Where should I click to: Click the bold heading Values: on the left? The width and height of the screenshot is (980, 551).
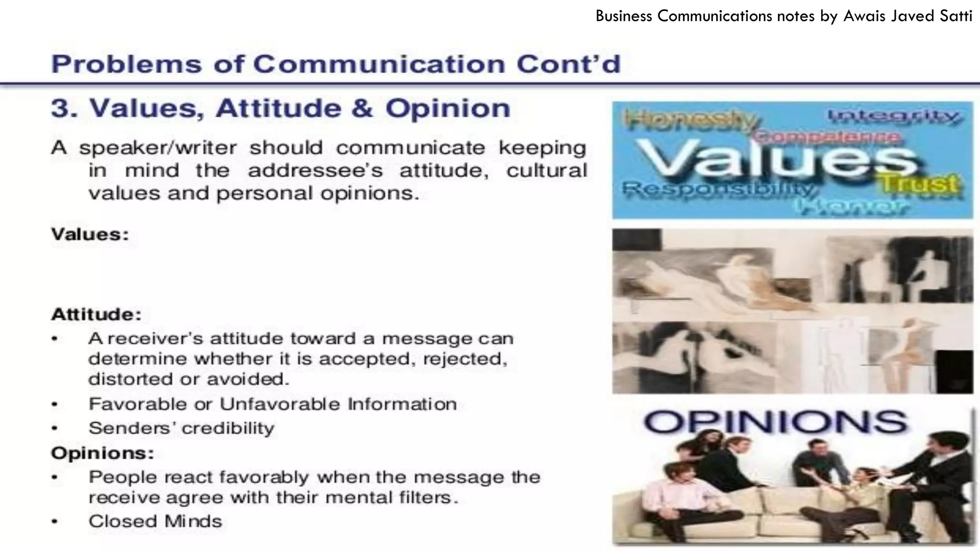click(90, 235)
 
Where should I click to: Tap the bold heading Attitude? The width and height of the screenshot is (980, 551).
click(96, 315)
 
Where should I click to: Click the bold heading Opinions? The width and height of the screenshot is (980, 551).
click(102, 453)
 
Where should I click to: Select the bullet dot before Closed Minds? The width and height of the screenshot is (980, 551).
click(55, 522)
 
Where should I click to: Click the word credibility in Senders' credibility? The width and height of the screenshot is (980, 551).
click(228, 428)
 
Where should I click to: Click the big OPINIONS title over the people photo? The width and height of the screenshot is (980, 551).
click(775, 422)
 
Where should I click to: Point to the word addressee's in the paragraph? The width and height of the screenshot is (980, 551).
click(315, 171)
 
